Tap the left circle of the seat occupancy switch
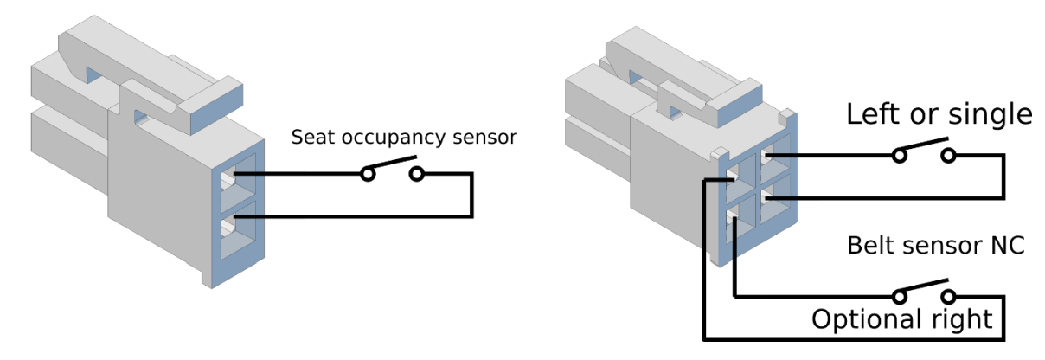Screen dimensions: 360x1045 [x=369, y=174]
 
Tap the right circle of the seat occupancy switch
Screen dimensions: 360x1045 [x=417, y=174]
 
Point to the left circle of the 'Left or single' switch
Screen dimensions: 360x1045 [x=900, y=156]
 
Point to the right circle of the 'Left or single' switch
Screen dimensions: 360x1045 [x=949, y=156]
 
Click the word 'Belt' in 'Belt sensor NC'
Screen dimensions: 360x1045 [x=869, y=246]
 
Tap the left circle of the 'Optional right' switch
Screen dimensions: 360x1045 [x=900, y=297]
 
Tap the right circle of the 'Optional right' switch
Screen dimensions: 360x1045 [x=949, y=297]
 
